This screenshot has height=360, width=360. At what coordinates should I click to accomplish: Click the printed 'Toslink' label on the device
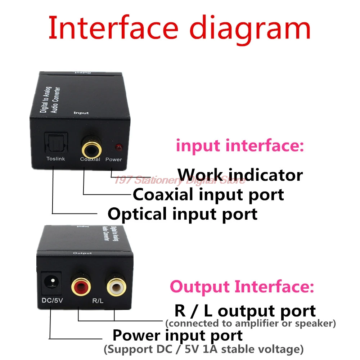[x=55, y=159]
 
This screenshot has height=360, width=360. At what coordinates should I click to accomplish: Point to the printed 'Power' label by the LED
[x=114, y=159]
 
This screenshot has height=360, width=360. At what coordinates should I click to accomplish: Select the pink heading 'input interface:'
[x=240, y=146]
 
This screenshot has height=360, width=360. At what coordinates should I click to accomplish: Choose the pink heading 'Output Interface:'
[x=242, y=287]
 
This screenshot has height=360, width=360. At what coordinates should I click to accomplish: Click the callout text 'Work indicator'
[x=240, y=175]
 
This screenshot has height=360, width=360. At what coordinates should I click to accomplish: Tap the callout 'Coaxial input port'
[x=208, y=195]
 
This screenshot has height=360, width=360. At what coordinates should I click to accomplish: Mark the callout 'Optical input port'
[x=183, y=214]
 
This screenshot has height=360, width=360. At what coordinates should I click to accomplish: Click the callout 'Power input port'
[x=177, y=335]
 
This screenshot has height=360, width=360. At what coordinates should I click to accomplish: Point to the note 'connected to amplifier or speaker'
[x=251, y=323]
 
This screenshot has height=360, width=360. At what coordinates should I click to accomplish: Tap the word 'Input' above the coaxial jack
[x=81, y=113]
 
